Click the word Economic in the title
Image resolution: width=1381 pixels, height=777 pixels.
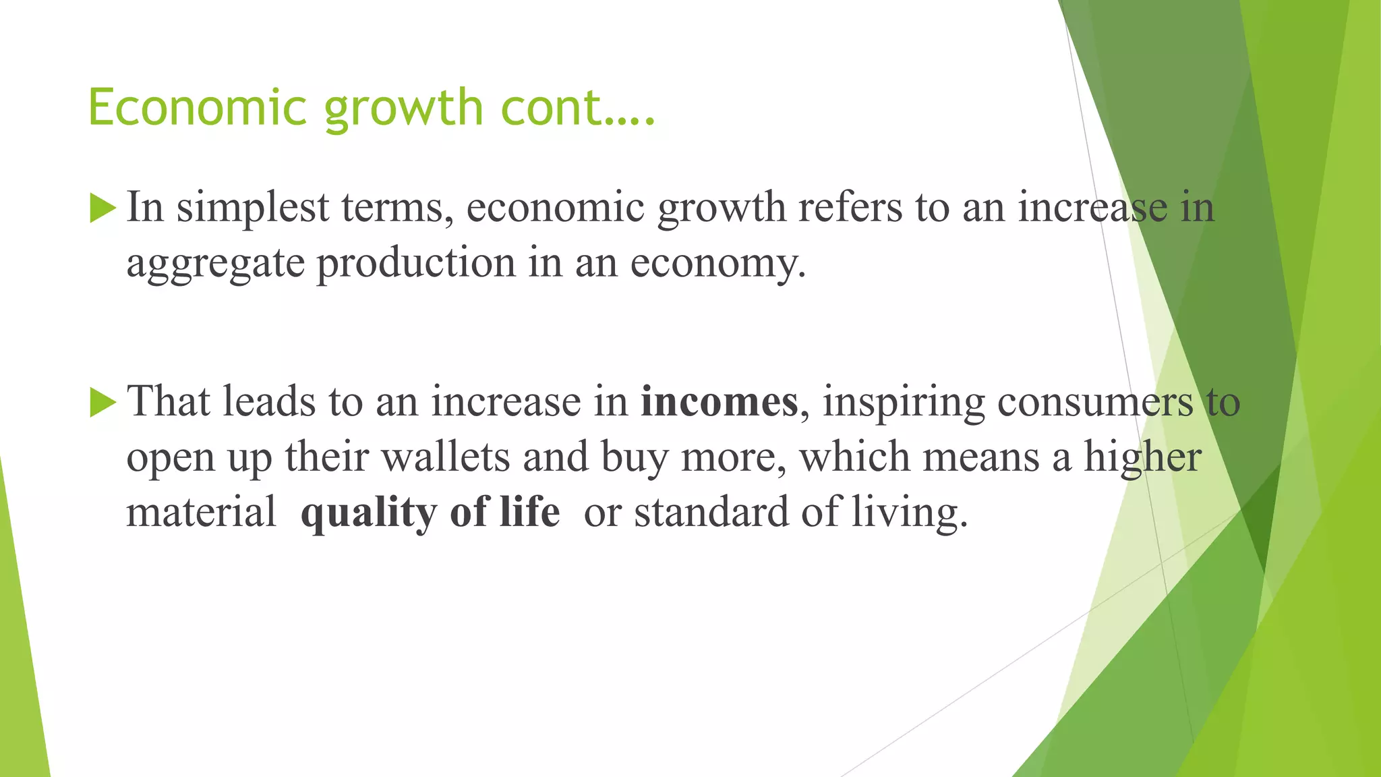click(x=198, y=108)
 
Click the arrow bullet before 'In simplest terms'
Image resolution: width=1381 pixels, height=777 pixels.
click(x=102, y=208)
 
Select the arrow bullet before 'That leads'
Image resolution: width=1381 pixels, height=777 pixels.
click(x=102, y=403)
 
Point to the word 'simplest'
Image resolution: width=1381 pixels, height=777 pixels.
click(x=253, y=208)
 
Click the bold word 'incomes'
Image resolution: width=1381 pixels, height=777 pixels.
click(x=719, y=402)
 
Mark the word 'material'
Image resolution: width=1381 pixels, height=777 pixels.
click(x=201, y=513)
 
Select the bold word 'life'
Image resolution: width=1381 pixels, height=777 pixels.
click(x=529, y=512)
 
